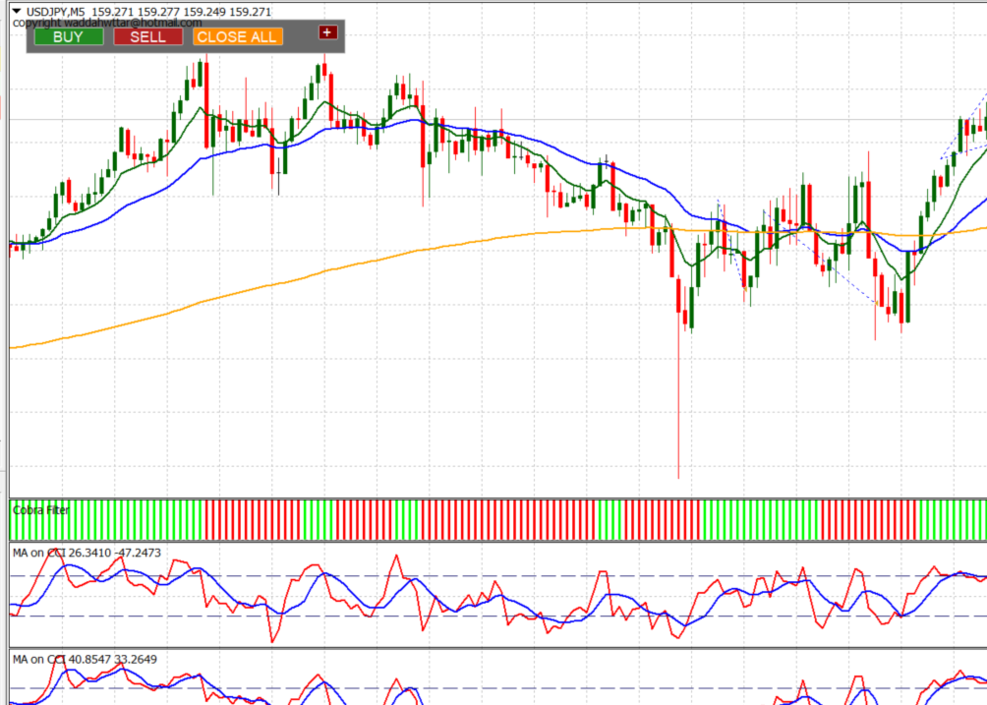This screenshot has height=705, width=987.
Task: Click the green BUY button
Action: tap(68, 36)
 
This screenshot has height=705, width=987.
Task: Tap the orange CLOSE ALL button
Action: tap(237, 36)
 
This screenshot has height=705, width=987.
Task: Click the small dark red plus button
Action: tap(327, 32)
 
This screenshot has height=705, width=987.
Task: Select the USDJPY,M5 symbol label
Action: tap(55, 12)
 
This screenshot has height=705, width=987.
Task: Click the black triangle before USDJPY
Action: tap(16, 12)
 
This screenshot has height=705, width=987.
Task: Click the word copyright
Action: tap(32, 22)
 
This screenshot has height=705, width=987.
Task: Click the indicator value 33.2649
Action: tap(138, 659)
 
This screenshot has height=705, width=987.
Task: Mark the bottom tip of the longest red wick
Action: tap(679, 478)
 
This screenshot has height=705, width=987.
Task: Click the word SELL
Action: tap(148, 36)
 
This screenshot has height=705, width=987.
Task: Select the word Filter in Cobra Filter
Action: tap(53, 509)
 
